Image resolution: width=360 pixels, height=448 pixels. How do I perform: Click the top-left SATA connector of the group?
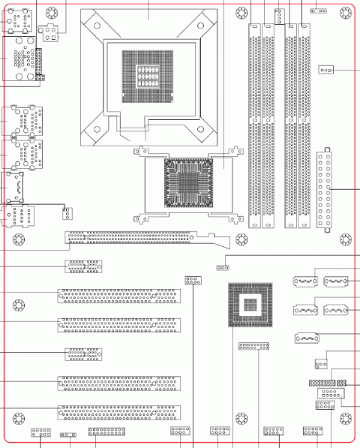tap(303, 282)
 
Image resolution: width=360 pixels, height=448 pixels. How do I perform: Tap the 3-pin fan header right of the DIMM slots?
tap(325, 71)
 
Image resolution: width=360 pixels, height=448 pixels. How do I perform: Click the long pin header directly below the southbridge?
tap(253, 347)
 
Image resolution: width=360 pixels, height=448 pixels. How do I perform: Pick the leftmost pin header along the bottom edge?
tap(40, 433)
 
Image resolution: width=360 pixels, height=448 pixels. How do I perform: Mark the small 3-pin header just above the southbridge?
tap(221, 267)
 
